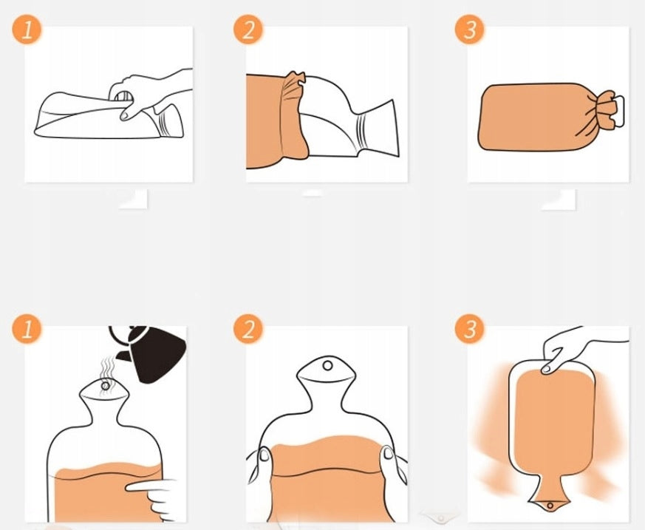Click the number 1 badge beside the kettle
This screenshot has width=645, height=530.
click(27, 329)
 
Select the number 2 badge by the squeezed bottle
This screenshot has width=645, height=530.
click(248, 329)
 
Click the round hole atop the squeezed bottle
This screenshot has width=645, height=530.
click(327, 365)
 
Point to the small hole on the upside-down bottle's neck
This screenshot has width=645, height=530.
click(550, 505)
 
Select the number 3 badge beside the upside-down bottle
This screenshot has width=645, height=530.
click(470, 329)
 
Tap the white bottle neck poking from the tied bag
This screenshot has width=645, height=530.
click(619, 111)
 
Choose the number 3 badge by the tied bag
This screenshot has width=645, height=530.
click(470, 30)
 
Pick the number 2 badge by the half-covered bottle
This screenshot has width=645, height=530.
click(248, 30)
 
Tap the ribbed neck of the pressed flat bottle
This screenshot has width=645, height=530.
click(165, 121)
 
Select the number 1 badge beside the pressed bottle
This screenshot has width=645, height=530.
click(27, 30)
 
